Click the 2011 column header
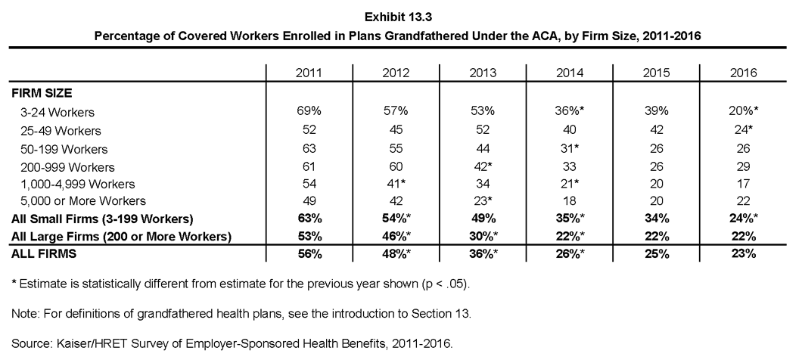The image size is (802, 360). pyautogui.click(x=309, y=73)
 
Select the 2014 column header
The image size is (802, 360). pyautogui.click(x=569, y=73)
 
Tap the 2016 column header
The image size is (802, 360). pyautogui.click(x=743, y=73)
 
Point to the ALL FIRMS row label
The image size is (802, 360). pyautogui.click(x=44, y=253)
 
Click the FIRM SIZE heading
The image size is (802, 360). pyautogui.click(x=42, y=93)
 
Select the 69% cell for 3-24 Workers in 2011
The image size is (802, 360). pyautogui.click(x=309, y=111)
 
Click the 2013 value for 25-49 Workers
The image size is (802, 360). pyautogui.click(x=482, y=130)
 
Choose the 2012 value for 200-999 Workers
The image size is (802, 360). pyautogui.click(x=396, y=166)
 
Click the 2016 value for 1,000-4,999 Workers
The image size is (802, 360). pyautogui.click(x=743, y=184)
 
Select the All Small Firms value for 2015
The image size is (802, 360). pyautogui.click(x=656, y=219)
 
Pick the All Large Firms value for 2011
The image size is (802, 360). pyautogui.click(x=309, y=237)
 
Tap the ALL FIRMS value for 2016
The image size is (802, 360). pyautogui.click(x=743, y=253)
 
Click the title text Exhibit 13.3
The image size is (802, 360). pyautogui.click(x=399, y=17)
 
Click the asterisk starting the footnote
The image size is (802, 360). pyautogui.click(x=14, y=283)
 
